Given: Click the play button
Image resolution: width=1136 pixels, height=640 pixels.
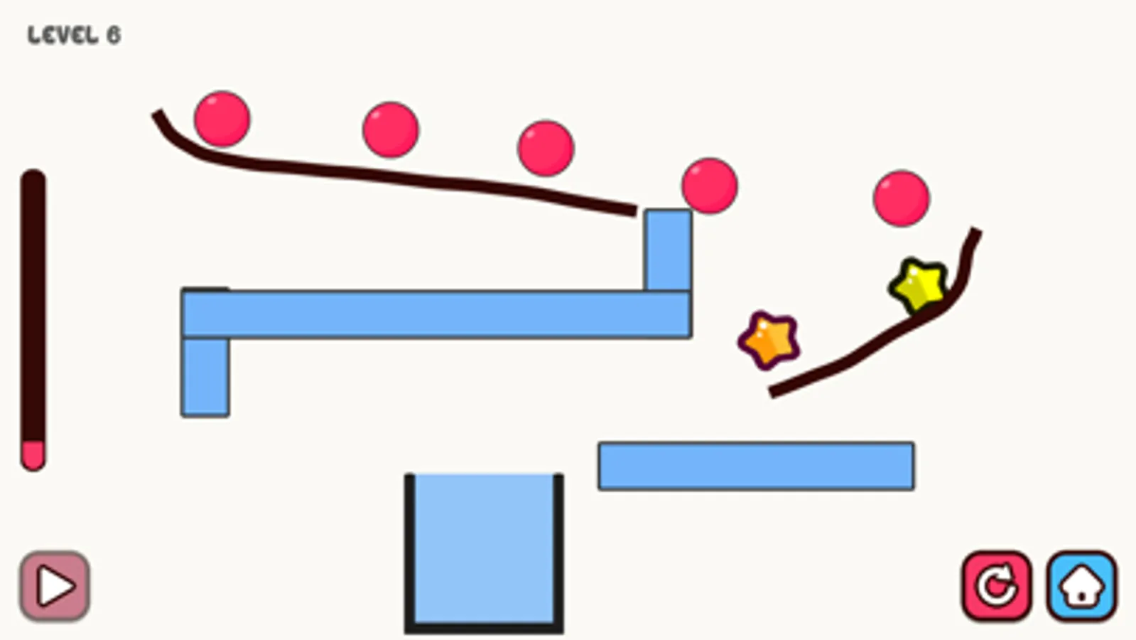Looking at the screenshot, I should pyautogui.click(x=55, y=586).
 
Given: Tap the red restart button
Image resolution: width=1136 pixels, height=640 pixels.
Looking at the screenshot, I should pyautogui.click(x=996, y=586).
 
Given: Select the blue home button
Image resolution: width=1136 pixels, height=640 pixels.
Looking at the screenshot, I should pyautogui.click(x=1081, y=586).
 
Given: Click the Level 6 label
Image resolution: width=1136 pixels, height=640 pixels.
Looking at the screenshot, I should pyautogui.click(x=74, y=35).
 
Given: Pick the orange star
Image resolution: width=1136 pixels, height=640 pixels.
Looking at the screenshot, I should pyautogui.click(x=769, y=341).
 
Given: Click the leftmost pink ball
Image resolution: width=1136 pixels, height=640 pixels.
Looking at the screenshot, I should pyautogui.click(x=222, y=119).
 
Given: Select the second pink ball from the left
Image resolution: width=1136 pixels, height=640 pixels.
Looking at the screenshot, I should pyautogui.click(x=391, y=129).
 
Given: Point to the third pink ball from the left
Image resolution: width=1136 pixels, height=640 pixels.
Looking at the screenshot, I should pyautogui.click(x=546, y=148).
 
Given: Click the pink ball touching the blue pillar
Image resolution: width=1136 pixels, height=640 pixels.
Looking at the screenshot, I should pyautogui.click(x=710, y=186).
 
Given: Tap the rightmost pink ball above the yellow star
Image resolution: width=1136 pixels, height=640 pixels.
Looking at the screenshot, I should pyautogui.click(x=902, y=198).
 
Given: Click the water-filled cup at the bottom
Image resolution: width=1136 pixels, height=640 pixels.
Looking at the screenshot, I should pyautogui.click(x=484, y=551).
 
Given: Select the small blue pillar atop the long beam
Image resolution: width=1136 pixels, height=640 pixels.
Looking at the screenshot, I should pyautogui.click(x=668, y=250).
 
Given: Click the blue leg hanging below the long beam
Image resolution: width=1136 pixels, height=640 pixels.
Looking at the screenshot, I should pyautogui.click(x=205, y=377).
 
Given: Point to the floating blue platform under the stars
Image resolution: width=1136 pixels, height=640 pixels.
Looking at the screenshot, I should pyautogui.click(x=756, y=466).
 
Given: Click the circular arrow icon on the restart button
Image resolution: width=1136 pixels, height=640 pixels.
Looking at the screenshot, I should pyautogui.click(x=996, y=586).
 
